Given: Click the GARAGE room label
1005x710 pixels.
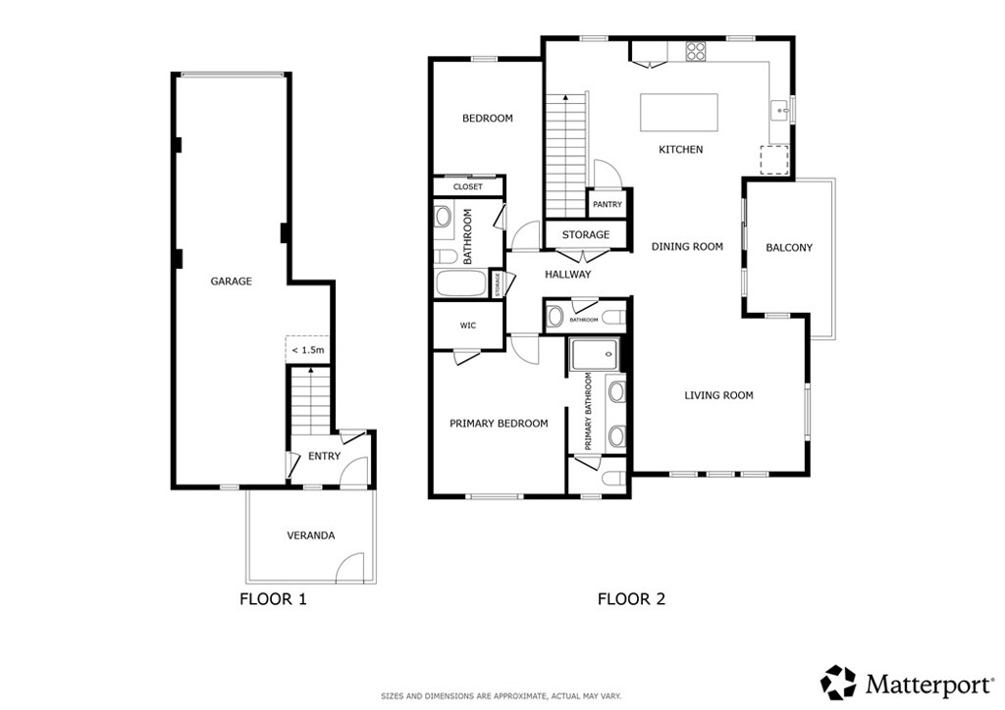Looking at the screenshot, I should coord(231,281).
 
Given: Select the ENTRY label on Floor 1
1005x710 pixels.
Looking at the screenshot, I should coord(324,456).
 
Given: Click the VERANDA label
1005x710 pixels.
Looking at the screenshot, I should coord(310,535).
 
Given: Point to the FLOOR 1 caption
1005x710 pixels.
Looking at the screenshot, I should coord(273,598).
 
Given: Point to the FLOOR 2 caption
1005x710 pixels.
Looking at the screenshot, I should coord(631,598).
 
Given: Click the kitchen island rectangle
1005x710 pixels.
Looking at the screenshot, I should coord(678,113).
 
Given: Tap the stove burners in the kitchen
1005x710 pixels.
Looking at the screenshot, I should coord(696,50).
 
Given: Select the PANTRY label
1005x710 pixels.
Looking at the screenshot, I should coord(608,205).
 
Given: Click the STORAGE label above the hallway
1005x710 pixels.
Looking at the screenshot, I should coord(585,235).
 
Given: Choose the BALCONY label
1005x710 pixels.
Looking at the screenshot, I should coord(789,248).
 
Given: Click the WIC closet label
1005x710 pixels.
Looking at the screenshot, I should coord(467,326).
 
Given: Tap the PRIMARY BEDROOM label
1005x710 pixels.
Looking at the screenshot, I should coord(499,424).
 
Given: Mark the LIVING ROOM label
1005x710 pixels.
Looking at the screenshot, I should coord(718,395).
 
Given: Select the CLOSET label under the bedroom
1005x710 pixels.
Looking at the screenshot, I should coord(467,186).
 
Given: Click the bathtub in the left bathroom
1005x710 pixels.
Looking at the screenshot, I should coord(460,285).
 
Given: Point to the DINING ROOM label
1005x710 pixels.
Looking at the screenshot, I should coord(687,246).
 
